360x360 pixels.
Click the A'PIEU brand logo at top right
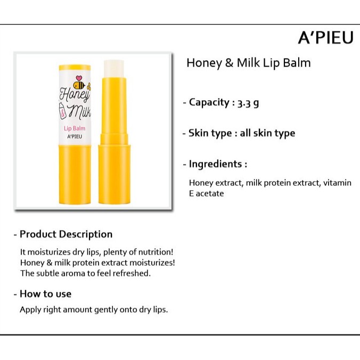click(x=325, y=38)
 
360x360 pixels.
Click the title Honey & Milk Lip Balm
click(x=249, y=63)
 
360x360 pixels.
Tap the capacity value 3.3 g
click(x=248, y=103)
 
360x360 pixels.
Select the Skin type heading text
click(x=210, y=133)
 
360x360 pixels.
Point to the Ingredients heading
click(x=215, y=164)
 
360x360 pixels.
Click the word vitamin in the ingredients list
click(x=337, y=183)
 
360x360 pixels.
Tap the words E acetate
click(x=207, y=193)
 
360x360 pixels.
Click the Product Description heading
click(x=66, y=234)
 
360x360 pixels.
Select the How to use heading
click(x=45, y=294)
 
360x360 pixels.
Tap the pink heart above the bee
click(x=79, y=78)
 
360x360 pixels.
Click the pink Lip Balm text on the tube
click(x=75, y=128)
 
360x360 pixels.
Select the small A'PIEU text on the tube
click(x=75, y=136)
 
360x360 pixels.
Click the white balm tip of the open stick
click(x=114, y=69)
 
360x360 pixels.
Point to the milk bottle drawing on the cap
click(x=63, y=111)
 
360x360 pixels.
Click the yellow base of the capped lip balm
click(x=75, y=174)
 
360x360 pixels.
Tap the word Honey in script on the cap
click(x=75, y=95)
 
